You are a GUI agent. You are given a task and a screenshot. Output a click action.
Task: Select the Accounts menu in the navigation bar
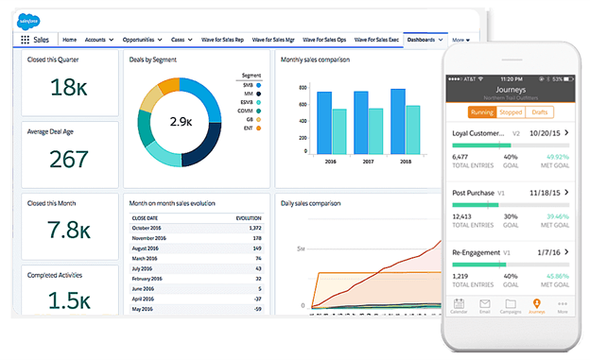click(98, 40)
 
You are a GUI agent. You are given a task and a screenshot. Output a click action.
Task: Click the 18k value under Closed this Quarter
click(68, 88)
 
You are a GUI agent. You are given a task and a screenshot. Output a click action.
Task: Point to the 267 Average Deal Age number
click(68, 160)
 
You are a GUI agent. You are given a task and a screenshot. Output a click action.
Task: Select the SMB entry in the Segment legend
click(249, 85)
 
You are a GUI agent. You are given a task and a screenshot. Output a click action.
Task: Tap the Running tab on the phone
click(481, 111)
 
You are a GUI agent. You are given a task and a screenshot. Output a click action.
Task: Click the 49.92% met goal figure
click(556, 157)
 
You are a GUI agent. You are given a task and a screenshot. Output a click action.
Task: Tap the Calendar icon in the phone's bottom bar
click(460, 304)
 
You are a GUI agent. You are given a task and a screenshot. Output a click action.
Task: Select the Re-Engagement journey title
click(477, 253)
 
